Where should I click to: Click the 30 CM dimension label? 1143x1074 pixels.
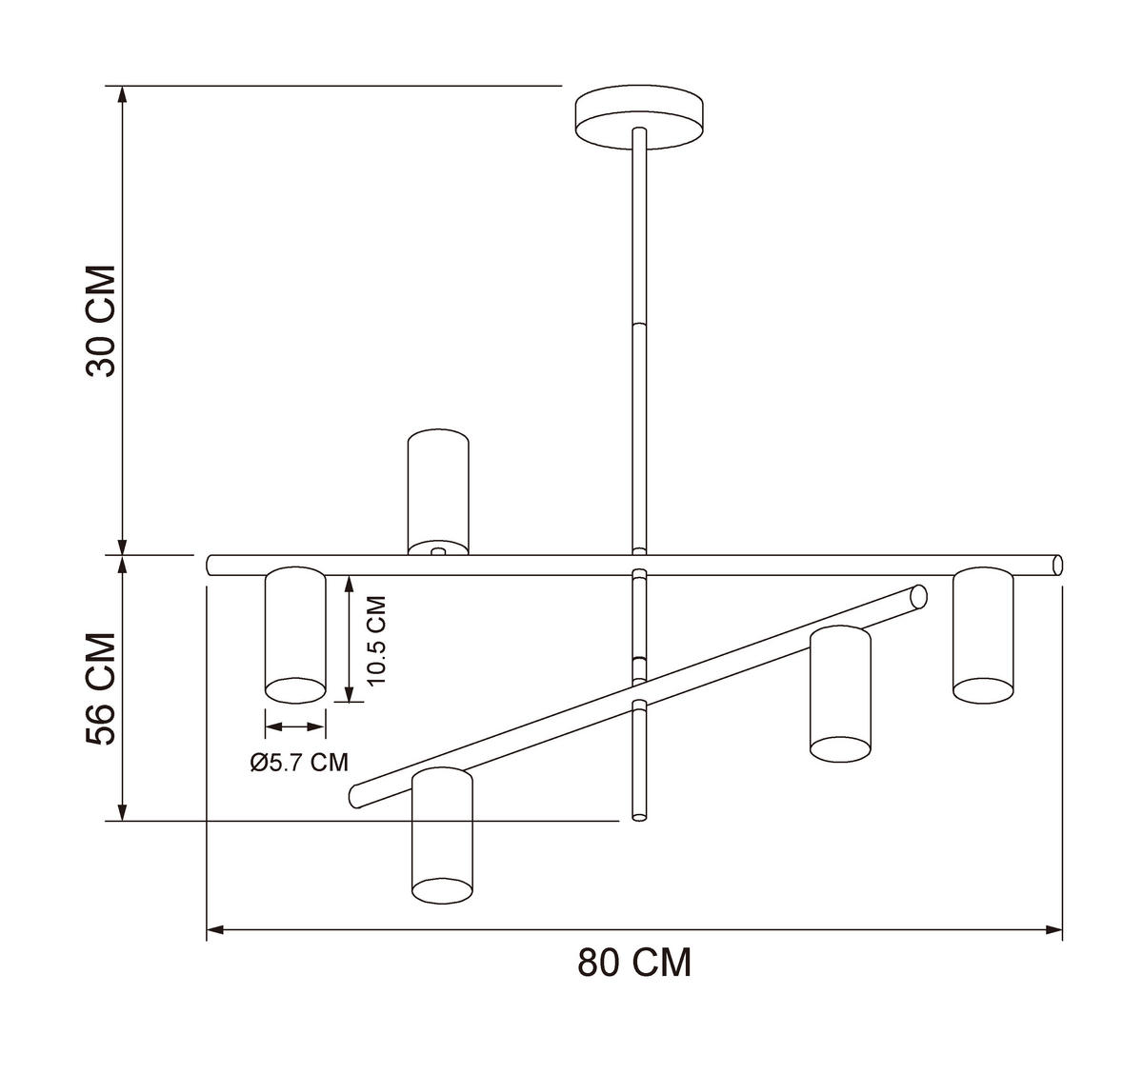click(101, 321)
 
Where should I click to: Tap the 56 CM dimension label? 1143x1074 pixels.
click(101, 687)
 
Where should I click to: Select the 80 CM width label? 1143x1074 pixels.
click(634, 963)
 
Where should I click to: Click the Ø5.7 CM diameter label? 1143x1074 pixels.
click(298, 762)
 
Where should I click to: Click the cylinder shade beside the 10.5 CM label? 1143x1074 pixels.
click(295, 633)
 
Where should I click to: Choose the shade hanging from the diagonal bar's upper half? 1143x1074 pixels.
click(840, 693)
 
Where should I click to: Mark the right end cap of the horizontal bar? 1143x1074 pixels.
click(1057, 565)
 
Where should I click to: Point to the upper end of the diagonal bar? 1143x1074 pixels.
click(918, 596)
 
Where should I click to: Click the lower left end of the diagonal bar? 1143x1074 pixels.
click(357, 794)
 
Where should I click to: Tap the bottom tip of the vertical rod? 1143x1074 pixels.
click(639, 815)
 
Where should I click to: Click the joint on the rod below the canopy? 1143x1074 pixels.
click(639, 326)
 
